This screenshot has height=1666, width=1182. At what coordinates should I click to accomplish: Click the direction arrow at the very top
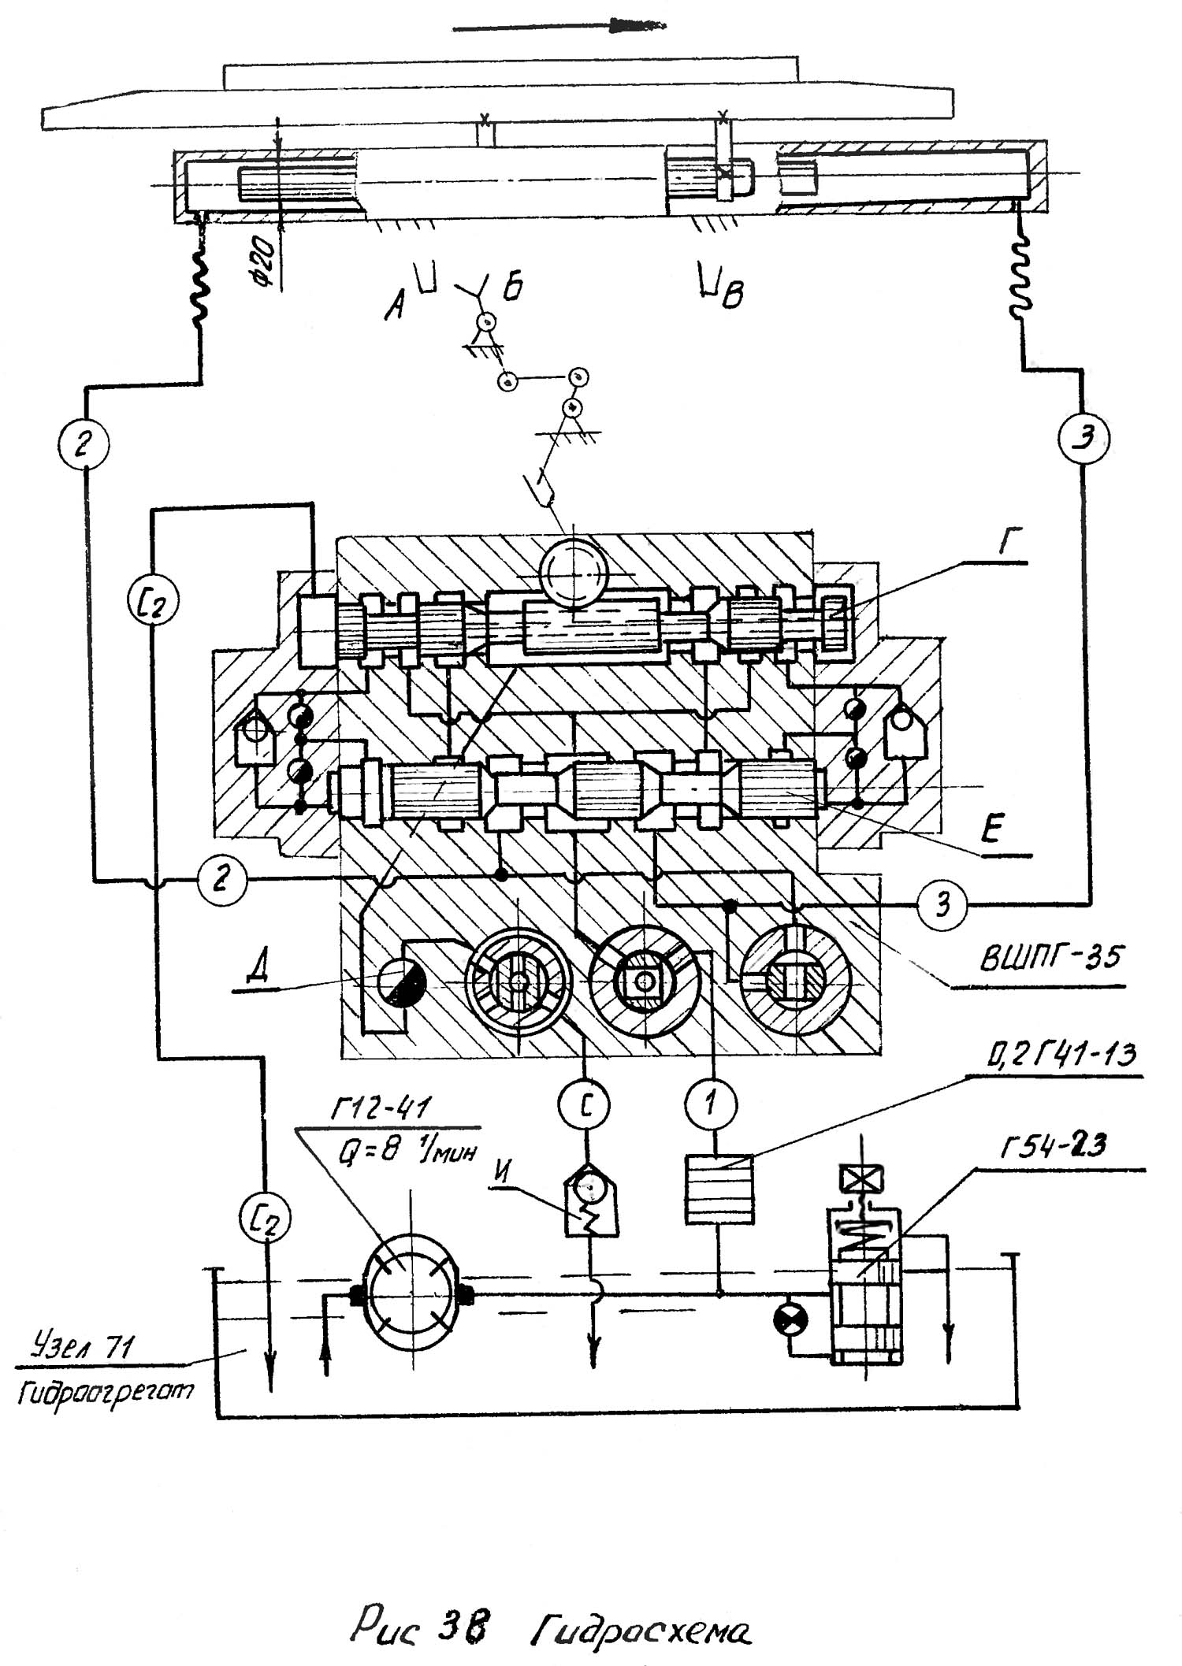[559, 27]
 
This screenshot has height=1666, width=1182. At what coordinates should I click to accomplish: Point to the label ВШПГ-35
[1051, 958]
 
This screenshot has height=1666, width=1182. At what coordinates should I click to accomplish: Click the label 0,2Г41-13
[1060, 1054]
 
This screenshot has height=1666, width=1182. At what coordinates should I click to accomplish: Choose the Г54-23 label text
[1053, 1145]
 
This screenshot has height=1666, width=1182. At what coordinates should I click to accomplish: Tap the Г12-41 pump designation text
[380, 1110]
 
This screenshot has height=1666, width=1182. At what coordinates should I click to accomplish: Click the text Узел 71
[81, 1347]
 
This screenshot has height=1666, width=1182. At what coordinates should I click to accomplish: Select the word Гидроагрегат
[104, 1393]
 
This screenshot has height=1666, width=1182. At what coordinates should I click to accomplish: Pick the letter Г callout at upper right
[1006, 544]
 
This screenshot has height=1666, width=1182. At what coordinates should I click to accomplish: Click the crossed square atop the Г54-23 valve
[863, 1179]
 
